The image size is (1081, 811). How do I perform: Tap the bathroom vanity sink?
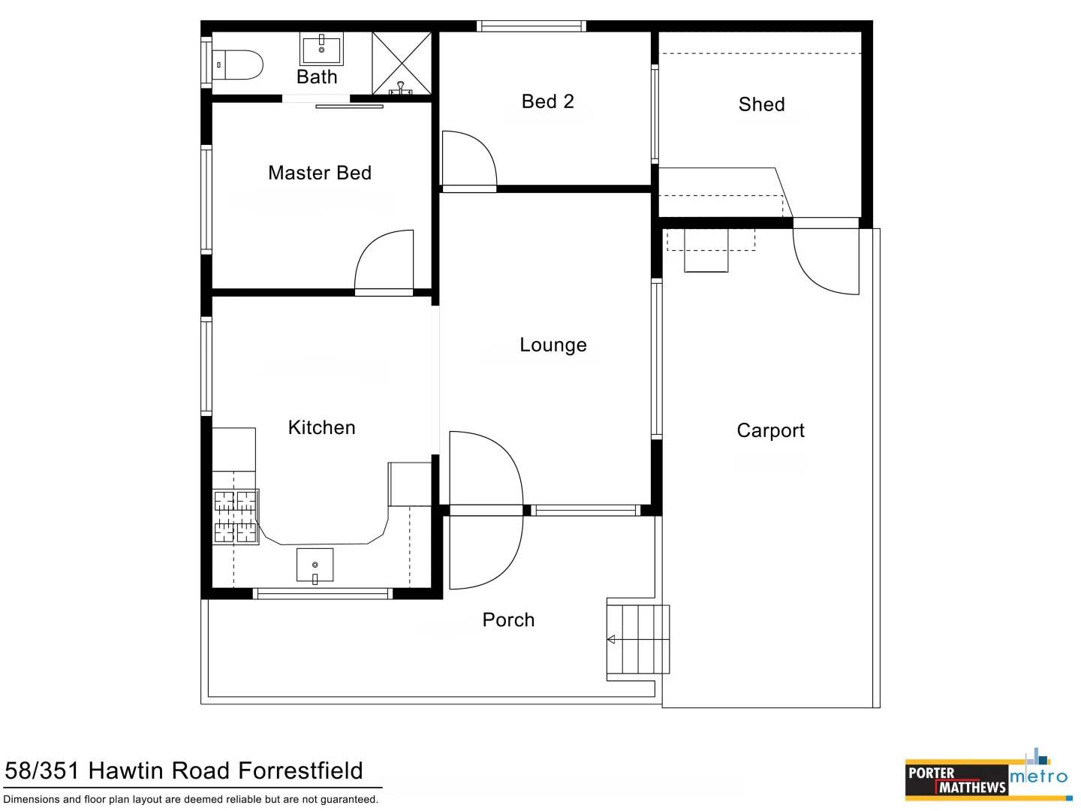coord(321,50)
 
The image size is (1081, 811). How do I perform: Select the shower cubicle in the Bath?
coord(402,63)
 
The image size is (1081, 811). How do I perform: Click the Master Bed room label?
coord(320,173)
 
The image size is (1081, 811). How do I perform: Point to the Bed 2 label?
coord(548,101)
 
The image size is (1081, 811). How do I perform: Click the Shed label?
coord(761,104)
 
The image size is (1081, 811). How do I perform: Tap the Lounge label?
coord(553,345)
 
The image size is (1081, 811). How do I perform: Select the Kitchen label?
coord(321,427)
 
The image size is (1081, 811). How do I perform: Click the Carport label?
coord(770,430)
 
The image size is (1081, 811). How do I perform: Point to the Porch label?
coord(508,620)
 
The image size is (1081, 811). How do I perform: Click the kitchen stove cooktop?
coord(236,517)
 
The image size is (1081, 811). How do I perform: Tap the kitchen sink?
coord(315,565)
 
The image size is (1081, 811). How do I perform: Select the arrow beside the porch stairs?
coord(611,639)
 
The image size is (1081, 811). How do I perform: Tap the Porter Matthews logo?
coord(956,780)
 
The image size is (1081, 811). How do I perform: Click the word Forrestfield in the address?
coord(300,770)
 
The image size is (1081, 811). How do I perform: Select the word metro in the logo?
coord(1039,776)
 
